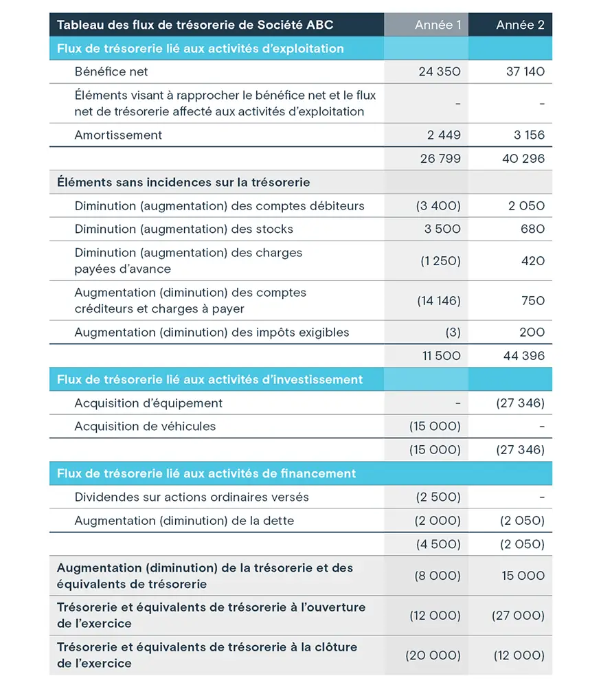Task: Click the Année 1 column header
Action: pos(438,25)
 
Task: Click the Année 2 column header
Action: pos(520,25)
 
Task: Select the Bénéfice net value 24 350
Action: pos(440,71)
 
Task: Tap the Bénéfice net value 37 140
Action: pos(525,71)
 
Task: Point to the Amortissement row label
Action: pos(118,135)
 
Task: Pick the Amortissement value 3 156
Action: pos(529,135)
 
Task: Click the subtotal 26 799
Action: pos(440,159)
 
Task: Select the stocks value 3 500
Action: pos(442,229)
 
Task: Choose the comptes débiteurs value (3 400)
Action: pos(438,205)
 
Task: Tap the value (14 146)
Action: pos(438,300)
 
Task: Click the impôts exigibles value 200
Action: pos(532,332)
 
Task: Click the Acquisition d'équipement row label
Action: pos(148,403)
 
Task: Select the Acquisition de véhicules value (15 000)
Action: pos(435,426)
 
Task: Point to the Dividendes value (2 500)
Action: pos(438,497)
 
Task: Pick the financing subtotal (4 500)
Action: pos(438,544)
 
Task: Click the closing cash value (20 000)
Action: pos(433,655)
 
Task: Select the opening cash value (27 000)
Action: pos(518,616)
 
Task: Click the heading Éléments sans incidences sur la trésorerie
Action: pos(183,182)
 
